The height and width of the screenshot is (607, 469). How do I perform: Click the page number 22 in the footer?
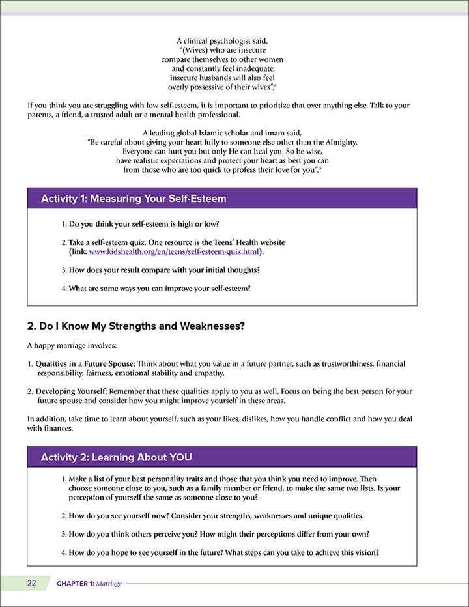[x=32, y=583]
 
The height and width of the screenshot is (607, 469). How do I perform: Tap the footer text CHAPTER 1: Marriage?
[x=89, y=584]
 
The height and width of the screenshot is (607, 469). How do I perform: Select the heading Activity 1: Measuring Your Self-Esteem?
[x=134, y=199]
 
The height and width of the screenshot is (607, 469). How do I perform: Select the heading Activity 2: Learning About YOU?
[x=116, y=457]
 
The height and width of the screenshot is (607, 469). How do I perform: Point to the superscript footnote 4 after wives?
[x=276, y=85]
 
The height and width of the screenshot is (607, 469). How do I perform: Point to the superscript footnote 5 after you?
[x=320, y=168]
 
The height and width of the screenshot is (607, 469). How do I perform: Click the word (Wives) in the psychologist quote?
[x=197, y=50]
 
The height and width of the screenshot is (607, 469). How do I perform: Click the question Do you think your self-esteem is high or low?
[x=143, y=224]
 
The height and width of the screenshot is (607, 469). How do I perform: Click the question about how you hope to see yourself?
[x=223, y=553]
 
